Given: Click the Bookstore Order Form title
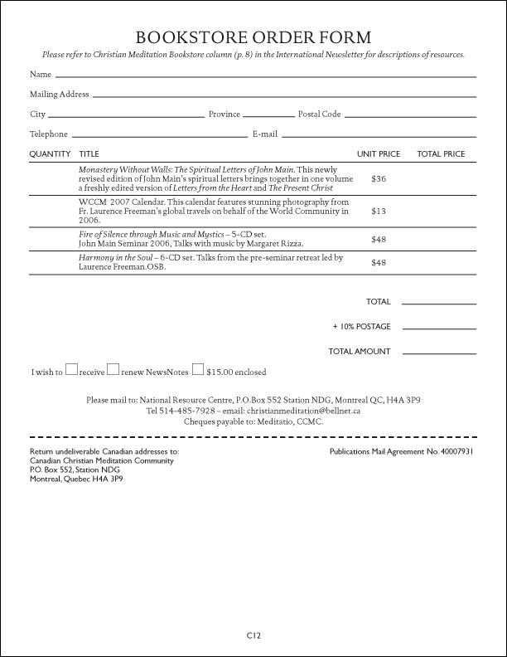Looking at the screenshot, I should tap(254, 37).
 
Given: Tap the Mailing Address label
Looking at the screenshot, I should tap(60, 95).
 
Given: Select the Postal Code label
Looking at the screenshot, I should tap(319, 114).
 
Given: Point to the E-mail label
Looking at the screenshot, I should tap(264, 134).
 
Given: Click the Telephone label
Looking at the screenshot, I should tap(49, 134).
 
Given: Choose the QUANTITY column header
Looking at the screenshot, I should tap(50, 154).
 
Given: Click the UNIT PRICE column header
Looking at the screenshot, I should tap(379, 154).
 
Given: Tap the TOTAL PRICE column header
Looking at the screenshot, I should tap(441, 154).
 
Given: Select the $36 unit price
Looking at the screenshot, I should tap(379, 178).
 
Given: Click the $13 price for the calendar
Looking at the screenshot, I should tap(379, 211).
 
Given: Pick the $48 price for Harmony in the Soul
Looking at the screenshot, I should tap(379, 263).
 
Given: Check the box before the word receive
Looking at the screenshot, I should tap(72, 370).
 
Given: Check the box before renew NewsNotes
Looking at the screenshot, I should tap(113, 370).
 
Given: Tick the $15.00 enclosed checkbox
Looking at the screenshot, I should tap(198, 370).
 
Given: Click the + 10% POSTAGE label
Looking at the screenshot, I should tap(361, 327).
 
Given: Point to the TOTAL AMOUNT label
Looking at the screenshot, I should tap(360, 352).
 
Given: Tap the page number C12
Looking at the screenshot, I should tap(254, 635).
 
